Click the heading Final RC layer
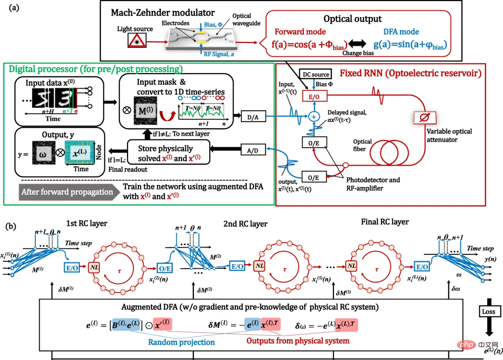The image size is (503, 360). click(x=385, y=222)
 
